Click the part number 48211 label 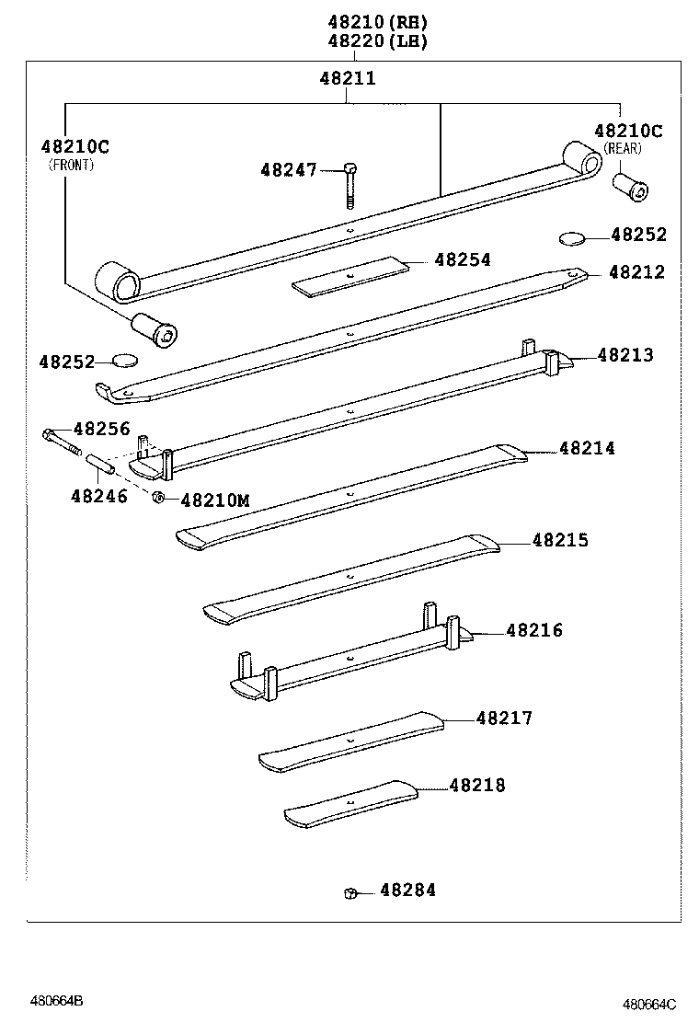(x=348, y=78)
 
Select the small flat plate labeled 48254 (x=349, y=275)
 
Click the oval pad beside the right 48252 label (x=572, y=238)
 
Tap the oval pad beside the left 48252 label (x=124, y=360)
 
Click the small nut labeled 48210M (x=157, y=498)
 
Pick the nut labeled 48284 (x=349, y=892)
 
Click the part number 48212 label (x=636, y=272)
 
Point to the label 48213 (x=625, y=355)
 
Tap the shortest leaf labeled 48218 (x=351, y=803)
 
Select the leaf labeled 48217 (x=351, y=741)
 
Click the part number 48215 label (x=560, y=540)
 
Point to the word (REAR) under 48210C (x=623, y=148)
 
